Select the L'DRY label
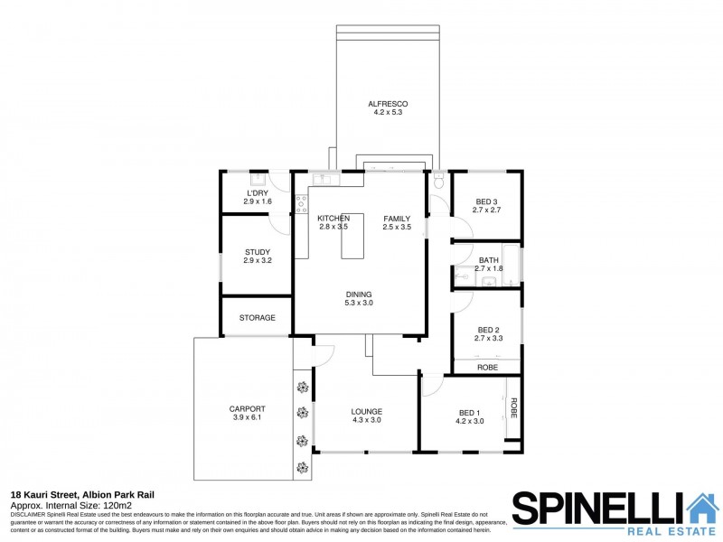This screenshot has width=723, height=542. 258,193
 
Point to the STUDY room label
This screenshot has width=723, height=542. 258,252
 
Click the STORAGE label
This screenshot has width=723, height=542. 257,318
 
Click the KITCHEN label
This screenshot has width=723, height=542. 333,219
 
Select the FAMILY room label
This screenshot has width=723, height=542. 397,219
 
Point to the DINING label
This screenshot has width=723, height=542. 359,294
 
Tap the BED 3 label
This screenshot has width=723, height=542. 486,201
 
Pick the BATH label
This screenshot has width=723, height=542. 488,260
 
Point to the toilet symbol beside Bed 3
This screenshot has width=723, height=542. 438,181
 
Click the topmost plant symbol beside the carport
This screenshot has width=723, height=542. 302,389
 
